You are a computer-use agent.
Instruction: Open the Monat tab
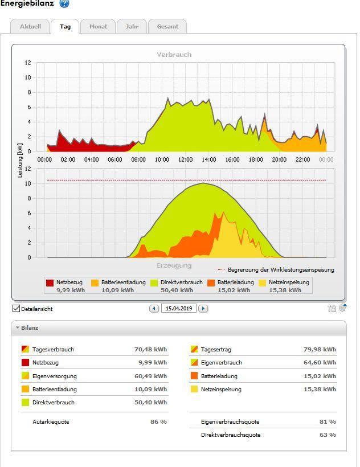coord(98,27)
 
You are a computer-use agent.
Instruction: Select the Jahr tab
coord(132,27)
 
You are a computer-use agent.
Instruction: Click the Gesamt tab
coord(167,27)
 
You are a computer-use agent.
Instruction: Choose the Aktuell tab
coord(30,27)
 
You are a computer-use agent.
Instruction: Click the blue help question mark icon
coord(64,4)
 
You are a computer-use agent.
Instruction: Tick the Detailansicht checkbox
coord(16,309)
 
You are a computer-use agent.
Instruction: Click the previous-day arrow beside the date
coord(154,309)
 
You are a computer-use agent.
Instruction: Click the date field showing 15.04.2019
coord(178,309)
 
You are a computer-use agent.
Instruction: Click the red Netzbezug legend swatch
coord(50,282)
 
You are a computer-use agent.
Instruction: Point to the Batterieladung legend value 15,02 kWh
coord(234,290)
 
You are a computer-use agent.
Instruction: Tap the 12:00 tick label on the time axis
coord(185,159)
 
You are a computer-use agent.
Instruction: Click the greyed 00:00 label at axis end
coord(326,159)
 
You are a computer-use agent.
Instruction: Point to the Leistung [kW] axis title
coord(21,160)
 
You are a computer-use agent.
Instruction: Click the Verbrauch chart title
coord(174,55)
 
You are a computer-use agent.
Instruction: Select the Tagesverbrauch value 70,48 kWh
coord(150,350)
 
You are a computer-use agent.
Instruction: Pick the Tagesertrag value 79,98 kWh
coord(320,350)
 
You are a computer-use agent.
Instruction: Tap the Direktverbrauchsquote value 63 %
coord(328,435)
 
